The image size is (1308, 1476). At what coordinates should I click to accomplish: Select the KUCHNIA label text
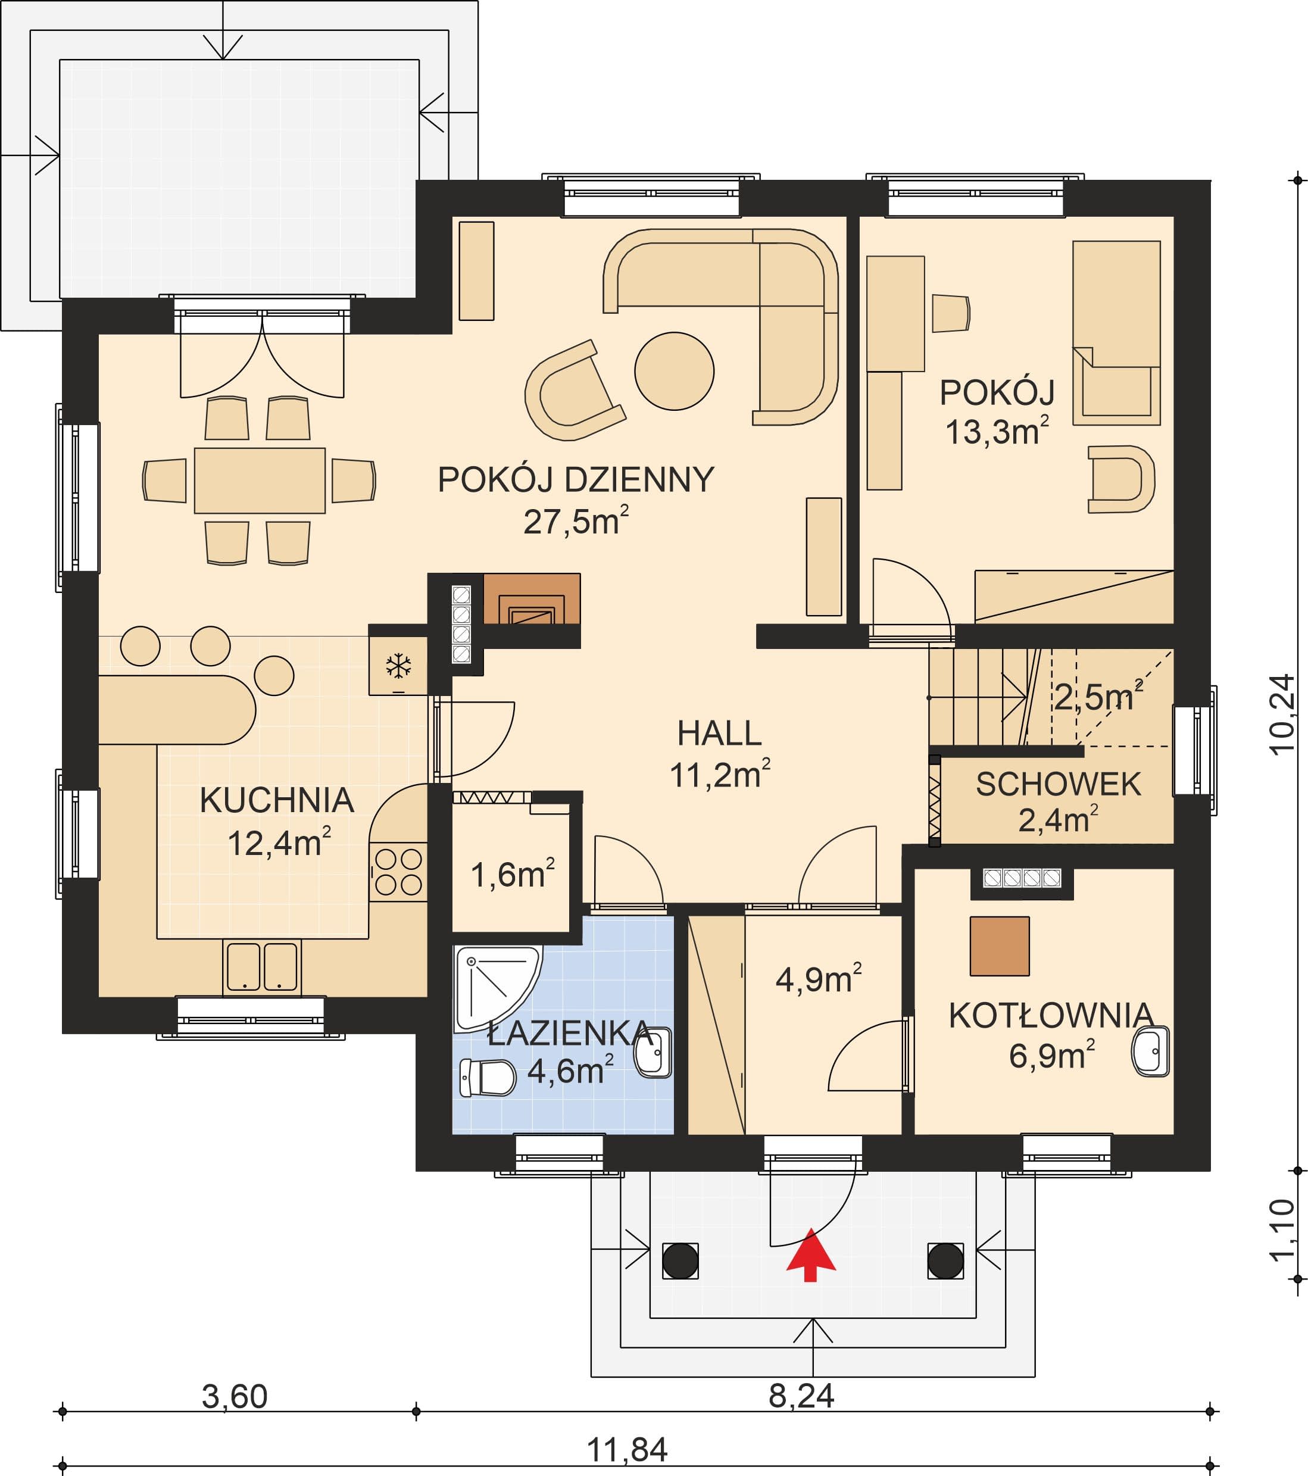click(277, 800)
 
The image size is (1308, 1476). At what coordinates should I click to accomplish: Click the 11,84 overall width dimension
click(627, 1449)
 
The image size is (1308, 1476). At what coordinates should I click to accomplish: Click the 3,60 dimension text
click(235, 1397)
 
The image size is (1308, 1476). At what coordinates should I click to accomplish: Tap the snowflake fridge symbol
click(398, 666)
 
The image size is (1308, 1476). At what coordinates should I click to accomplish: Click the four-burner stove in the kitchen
click(398, 872)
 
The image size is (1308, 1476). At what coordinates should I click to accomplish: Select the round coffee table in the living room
click(674, 371)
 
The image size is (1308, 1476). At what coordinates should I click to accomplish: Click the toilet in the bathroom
click(488, 1078)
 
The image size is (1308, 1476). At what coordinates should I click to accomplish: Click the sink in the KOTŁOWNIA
click(1150, 1052)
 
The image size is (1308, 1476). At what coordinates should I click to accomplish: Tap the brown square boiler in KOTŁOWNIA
click(1000, 946)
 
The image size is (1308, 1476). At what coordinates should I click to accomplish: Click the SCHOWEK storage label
click(1058, 785)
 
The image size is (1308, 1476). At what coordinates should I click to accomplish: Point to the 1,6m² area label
click(512, 875)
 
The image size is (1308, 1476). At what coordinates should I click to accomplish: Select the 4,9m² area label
click(818, 978)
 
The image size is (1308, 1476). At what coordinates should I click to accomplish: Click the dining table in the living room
click(260, 480)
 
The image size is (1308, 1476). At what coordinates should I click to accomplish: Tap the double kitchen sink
click(261, 967)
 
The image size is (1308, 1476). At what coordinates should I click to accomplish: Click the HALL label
click(719, 734)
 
